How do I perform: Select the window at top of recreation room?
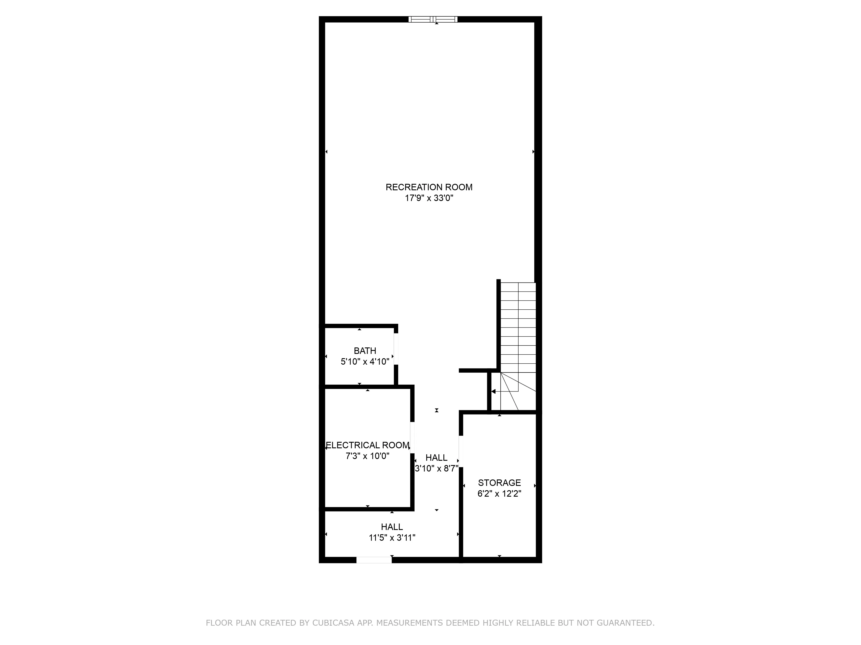(433, 19)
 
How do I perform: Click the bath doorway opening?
(396, 349)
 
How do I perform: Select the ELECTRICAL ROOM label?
(367, 445)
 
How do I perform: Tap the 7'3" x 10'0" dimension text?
(367, 456)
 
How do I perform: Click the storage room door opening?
(461, 451)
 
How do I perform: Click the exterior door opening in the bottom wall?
(374, 560)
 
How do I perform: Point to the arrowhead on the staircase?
(494, 392)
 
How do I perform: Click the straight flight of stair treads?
(518, 327)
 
